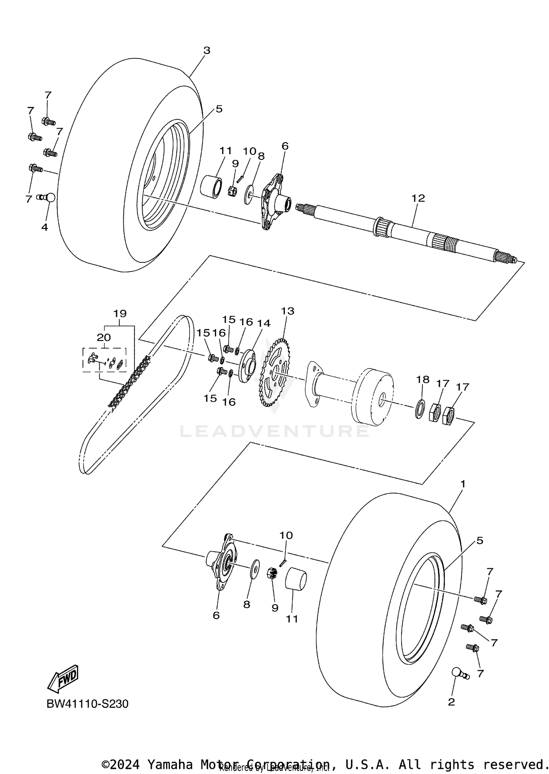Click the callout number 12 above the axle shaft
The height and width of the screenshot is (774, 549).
[x=418, y=198]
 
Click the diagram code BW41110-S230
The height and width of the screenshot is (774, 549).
[x=87, y=704]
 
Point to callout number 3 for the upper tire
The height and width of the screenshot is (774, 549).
[x=207, y=51]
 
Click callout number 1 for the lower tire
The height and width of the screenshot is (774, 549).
[x=463, y=484]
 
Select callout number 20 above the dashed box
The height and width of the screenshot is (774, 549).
[x=104, y=337]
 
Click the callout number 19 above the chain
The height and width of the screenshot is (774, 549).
[x=120, y=314]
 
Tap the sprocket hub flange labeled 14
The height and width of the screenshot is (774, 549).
[x=248, y=366]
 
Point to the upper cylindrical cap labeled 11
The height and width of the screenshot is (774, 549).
[x=212, y=186]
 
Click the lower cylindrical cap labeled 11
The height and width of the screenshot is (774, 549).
[x=295, y=579]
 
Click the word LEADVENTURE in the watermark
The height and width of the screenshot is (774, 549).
[x=274, y=431]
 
